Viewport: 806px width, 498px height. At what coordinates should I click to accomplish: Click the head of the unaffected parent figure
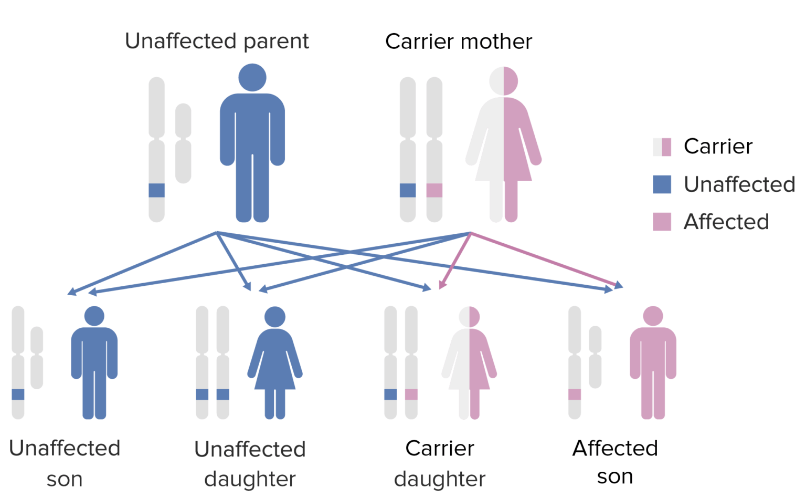(x=252, y=78)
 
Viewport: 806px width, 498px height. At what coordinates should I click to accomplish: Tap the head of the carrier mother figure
(x=503, y=81)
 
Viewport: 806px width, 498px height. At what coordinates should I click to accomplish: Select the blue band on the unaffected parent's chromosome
(x=156, y=190)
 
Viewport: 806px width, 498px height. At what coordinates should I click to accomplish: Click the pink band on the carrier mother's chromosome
(x=434, y=190)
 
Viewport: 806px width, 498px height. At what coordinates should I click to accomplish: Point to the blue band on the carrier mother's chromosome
(x=408, y=190)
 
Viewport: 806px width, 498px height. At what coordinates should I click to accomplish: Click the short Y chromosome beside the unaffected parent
(x=183, y=143)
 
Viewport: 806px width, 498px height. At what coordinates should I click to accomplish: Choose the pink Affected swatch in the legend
(x=662, y=222)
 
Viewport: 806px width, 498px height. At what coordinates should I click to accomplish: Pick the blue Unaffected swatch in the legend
(x=662, y=184)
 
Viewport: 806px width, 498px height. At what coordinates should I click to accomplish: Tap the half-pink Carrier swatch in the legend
(x=662, y=147)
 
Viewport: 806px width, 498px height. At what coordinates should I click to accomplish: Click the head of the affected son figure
(x=653, y=316)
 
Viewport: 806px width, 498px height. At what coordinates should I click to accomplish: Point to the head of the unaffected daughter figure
(x=275, y=317)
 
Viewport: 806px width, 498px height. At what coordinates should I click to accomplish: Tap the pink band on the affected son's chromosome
(x=575, y=395)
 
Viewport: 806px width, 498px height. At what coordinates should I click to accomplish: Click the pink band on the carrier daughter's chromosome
(x=411, y=395)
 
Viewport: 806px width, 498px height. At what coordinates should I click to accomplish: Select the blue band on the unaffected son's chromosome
(x=18, y=395)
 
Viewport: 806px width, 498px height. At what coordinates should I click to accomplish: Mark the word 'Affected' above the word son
(x=615, y=448)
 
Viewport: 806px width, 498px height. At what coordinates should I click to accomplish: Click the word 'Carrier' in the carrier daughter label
(x=440, y=448)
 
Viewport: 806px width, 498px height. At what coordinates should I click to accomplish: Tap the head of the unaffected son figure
(x=94, y=316)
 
